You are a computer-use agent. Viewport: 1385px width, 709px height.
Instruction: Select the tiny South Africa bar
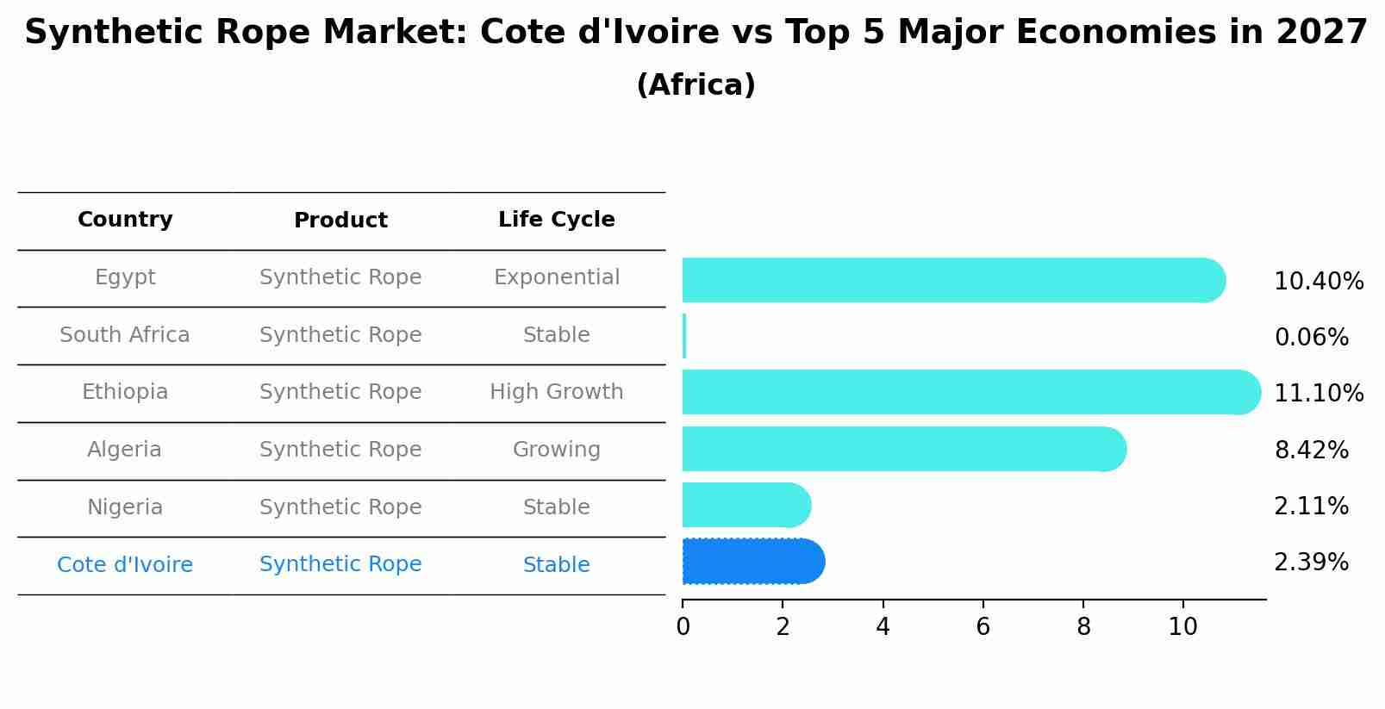(x=684, y=336)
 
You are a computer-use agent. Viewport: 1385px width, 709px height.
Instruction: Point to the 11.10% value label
(x=1319, y=394)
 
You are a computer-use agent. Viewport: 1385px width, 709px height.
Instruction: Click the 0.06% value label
(x=1311, y=338)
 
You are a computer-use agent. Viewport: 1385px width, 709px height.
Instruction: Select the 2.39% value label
(x=1311, y=563)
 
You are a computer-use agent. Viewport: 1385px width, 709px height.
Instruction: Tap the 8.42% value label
(x=1311, y=450)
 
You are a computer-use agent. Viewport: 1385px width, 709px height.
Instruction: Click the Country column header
(x=125, y=220)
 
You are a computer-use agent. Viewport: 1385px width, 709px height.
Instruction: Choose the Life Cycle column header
(x=556, y=220)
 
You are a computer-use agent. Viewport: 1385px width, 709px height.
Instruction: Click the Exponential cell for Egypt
(x=556, y=277)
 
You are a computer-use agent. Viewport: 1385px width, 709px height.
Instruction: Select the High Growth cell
(x=556, y=392)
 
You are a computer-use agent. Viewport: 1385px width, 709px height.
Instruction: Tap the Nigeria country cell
(x=125, y=507)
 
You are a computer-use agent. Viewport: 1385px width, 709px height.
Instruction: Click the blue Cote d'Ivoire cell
(x=125, y=565)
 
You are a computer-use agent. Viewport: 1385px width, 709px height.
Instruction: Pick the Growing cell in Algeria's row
(x=556, y=450)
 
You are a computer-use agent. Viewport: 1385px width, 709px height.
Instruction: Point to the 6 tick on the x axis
(x=983, y=627)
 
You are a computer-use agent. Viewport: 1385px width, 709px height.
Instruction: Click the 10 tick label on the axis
(x=1182, y=627)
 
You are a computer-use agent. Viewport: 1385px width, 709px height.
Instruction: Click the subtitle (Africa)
(x=696, y=85)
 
